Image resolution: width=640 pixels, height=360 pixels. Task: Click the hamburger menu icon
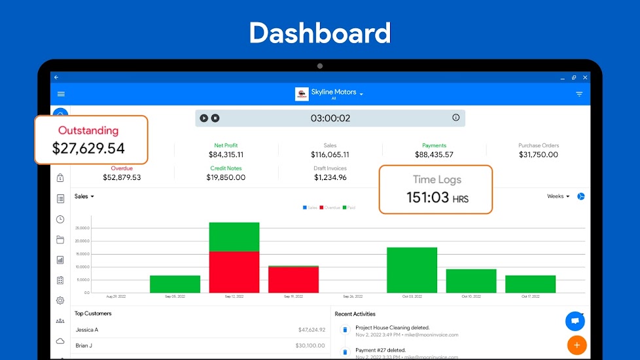[x=61, y=94]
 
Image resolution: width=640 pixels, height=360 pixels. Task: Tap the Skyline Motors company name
[x=334, y=92]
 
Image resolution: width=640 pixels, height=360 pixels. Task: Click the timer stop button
[x=215, y=118]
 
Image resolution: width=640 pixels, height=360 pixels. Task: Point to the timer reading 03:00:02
[x=330, y=118]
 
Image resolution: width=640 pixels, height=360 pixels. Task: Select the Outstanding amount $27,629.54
[x=88, y=149]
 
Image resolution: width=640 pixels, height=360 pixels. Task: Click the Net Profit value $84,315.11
[x=226, y=155]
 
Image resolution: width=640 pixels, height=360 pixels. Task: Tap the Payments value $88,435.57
[x=434, y=155]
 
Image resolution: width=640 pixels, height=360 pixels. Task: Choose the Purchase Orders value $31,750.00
[x=539, y=155]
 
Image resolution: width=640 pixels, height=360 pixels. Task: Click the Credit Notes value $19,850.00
[x=226, y=177]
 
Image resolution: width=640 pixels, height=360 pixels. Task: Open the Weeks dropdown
[x=558, y=196]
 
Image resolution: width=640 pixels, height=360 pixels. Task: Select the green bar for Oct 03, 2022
[x=412, y=270]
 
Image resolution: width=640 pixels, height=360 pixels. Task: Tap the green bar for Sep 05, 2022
[x=175, y=284]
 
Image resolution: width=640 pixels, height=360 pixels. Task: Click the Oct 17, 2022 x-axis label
[x=530, y=297]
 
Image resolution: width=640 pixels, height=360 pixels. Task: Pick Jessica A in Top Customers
[x=87, y=330]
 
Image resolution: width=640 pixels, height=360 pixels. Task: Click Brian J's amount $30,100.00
[x=310, y=346]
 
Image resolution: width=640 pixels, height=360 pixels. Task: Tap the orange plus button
[x=577, y=344]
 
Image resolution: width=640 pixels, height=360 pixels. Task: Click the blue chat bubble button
[x=575, y=321]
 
